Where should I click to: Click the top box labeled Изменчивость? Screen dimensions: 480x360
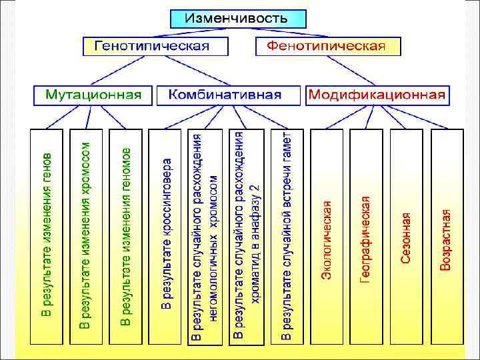tap(237, 18)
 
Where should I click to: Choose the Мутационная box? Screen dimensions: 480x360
tap(93, 95)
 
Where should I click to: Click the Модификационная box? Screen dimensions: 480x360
tap(377, 95)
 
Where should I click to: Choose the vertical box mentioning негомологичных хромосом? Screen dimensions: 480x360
tap(205, 237)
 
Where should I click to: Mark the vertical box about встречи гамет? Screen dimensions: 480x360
tap(285, 237)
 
